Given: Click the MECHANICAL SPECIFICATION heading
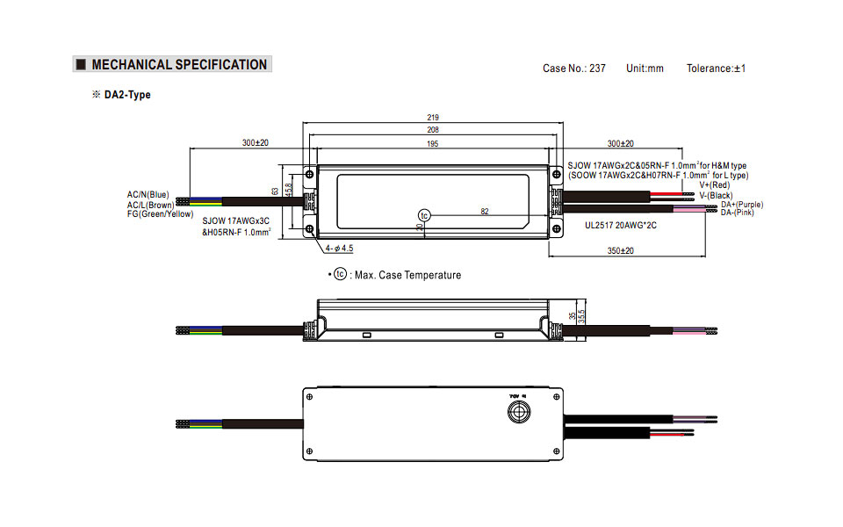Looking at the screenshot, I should [x=179, y=64].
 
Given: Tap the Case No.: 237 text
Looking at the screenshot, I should [x=574, y=69].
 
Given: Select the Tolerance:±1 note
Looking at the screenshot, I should [x=716, y=69].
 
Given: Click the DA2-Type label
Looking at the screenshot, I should [x=127, y=95].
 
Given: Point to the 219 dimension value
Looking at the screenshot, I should [x=432, y=117].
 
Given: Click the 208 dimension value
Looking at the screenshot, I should [x=432, y=130].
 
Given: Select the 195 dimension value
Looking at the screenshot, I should [x=432, y=143].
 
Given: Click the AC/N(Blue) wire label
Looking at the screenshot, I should [x=148, y=194].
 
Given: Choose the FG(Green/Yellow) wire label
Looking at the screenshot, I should [x=160, y=213].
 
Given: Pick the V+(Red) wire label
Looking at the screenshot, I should [x=714, y=185].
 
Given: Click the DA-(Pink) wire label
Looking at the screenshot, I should [x=737, y=213].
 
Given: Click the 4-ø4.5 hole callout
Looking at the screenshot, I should [x=339, y=249].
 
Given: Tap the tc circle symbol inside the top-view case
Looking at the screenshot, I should [x=424, y=215].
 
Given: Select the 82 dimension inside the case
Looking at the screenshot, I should [x=484, y=211].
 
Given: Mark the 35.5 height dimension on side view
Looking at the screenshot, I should [x=581, y=316].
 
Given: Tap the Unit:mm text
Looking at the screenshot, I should [x=645, y=69].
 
